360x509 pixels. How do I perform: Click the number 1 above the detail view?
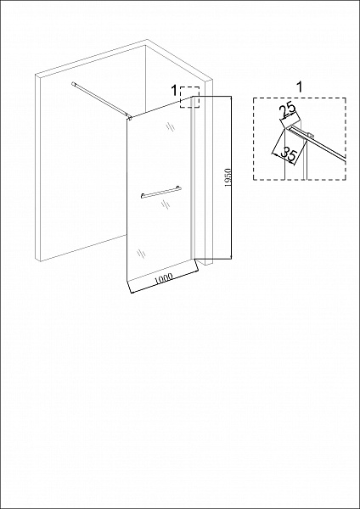click(x=300, y=86)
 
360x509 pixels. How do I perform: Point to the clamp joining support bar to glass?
click(x=128, y=118)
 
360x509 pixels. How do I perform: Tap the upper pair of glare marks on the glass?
click(x=170, y=127)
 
